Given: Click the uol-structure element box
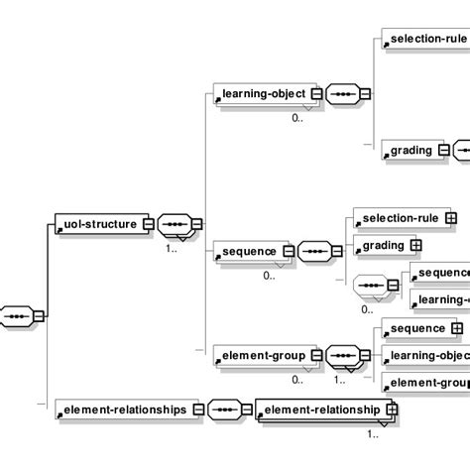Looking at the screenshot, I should pyautogui.click(x=96, y=224).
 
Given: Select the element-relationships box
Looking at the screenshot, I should pyautogui.click(x=121, y=408).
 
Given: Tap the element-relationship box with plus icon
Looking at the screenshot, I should pyautogui.click(x=322, y=408).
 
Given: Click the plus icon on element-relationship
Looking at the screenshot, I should pyautogui.click(x=393, y=408).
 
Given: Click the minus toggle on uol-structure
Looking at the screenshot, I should pyautogui.click(x=147, y=224).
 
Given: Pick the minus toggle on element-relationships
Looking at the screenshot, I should pyautogui.click(x=197, y=408).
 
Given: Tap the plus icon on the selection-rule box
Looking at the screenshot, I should pyautogui.click(x=450, y=217).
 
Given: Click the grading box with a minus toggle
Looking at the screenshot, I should pyautogui.click(x=408, y=151).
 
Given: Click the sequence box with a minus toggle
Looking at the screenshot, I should pyautogui.click(x=249, y=251).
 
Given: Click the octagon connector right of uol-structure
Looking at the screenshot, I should pyautogui.click(x=176, y=224).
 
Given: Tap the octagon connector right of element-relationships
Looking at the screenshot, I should pyautogui.click(x=226, y=408).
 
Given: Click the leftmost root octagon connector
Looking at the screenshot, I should pyautogui.click(x=17, y=316).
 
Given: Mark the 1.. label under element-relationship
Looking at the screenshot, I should pyautogui.click(x=374, y=432).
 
